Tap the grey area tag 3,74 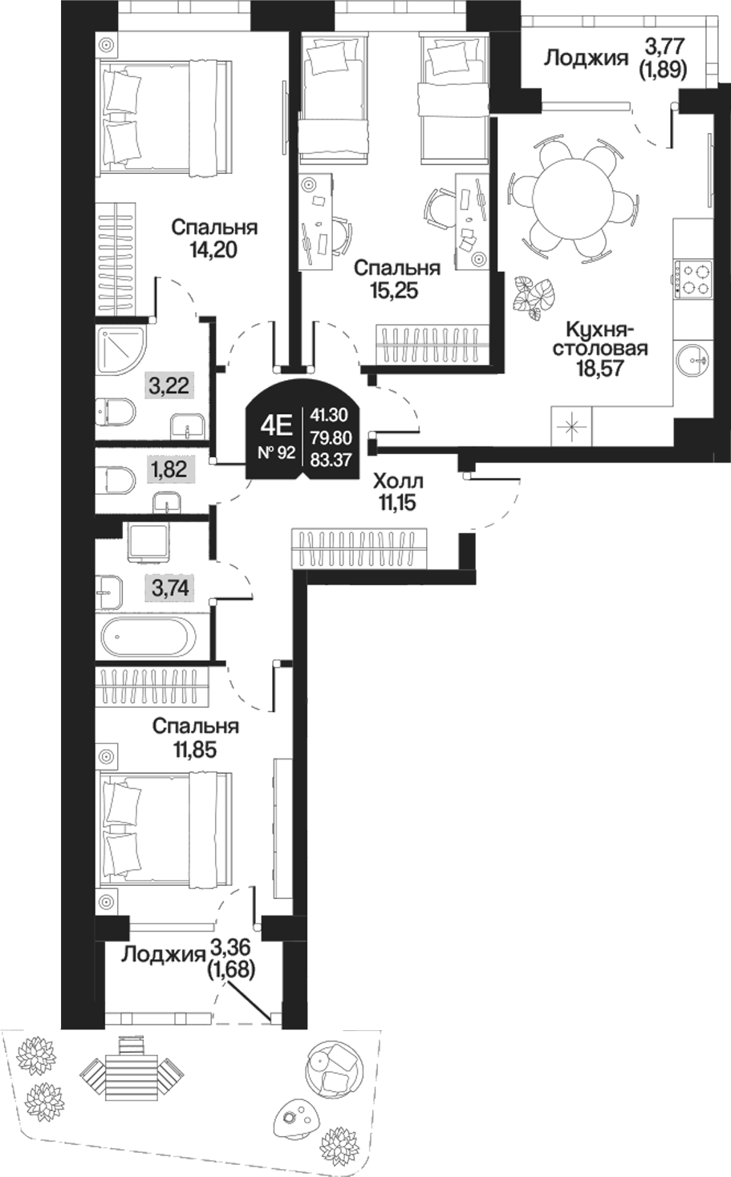point(170,589)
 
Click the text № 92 point(276,452)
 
